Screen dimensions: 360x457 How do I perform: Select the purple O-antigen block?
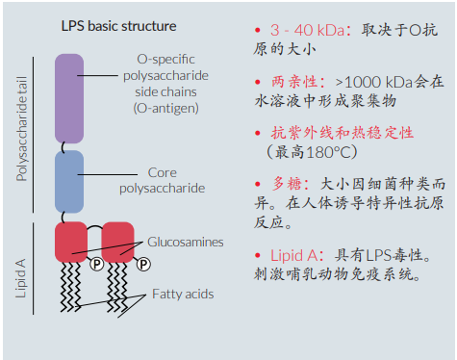pyautogui.click(x=70, y=98)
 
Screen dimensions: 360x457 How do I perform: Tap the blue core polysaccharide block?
pyautogui.click(x=70, y=180)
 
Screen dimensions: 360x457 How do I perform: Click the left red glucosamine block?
pyautogui.click(x=70, y=241)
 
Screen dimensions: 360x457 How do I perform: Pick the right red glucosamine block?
pyautogui.click(x=117, y=241)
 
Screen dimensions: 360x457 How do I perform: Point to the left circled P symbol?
pyautogui.click(x=95, y=263)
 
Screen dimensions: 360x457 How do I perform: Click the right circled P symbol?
pyautogui.click(x=142, y=263)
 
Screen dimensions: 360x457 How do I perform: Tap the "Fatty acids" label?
pyautogui.click(x=182, y=295)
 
